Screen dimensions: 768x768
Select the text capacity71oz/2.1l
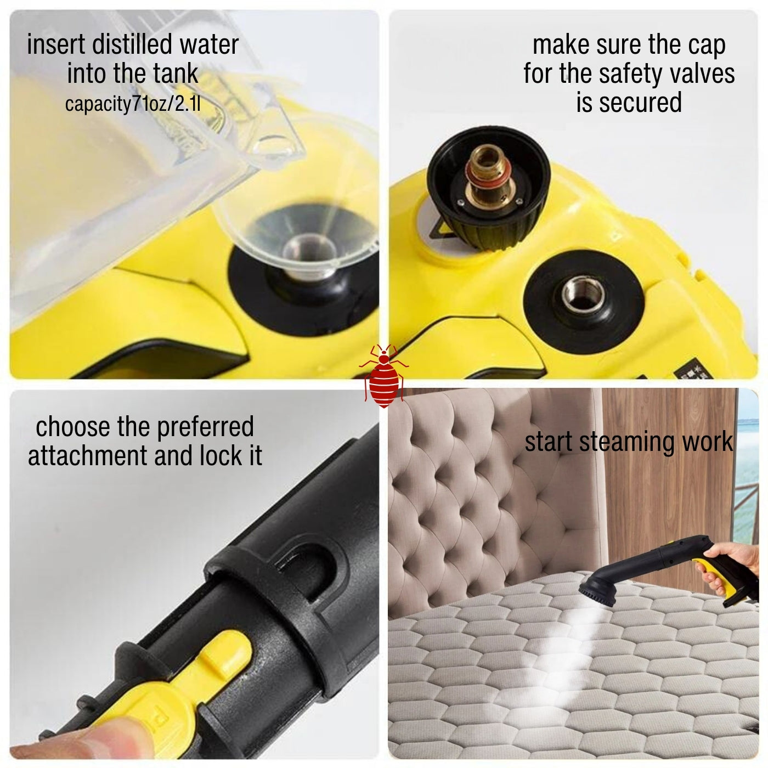point(133,104)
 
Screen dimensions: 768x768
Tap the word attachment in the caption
point(88,455)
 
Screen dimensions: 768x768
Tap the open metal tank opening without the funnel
point(583,295)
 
